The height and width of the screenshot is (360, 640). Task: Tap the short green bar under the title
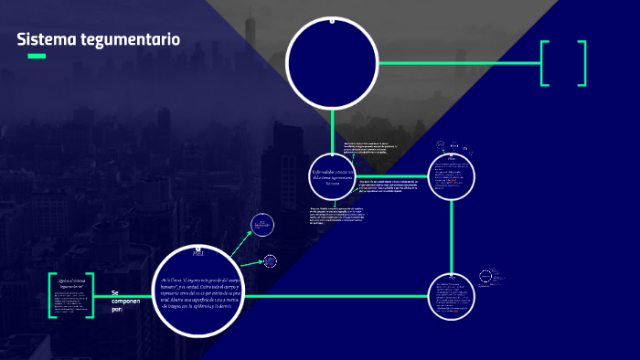(37, 57)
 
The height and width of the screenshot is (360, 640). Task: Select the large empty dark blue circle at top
(332, 62)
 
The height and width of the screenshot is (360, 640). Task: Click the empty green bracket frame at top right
(562, 63)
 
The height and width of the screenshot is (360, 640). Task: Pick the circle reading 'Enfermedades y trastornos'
(331, 176)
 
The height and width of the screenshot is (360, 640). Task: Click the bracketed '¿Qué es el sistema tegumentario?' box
(71, 294)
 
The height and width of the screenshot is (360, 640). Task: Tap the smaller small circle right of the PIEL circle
(270, 260)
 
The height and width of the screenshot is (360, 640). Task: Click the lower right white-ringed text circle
(453, 295)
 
